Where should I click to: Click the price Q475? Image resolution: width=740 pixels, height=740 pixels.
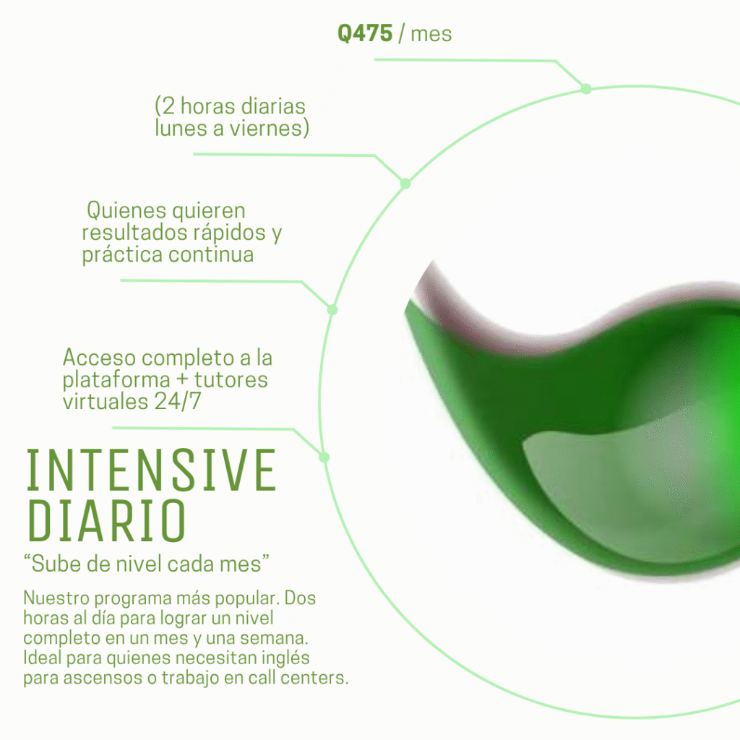(365, 34)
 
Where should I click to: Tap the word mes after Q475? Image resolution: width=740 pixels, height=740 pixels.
(431, 34)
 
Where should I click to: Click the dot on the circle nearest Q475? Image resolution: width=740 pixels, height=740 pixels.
(586, 89)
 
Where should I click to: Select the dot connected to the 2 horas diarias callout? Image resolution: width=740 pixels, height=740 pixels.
(405, 184)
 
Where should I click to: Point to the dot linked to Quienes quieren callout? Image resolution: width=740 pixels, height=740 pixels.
(332, 309)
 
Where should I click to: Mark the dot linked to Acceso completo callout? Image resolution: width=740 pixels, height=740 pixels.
(324, 457)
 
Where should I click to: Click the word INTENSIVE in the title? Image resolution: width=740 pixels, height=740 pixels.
(151, 471)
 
